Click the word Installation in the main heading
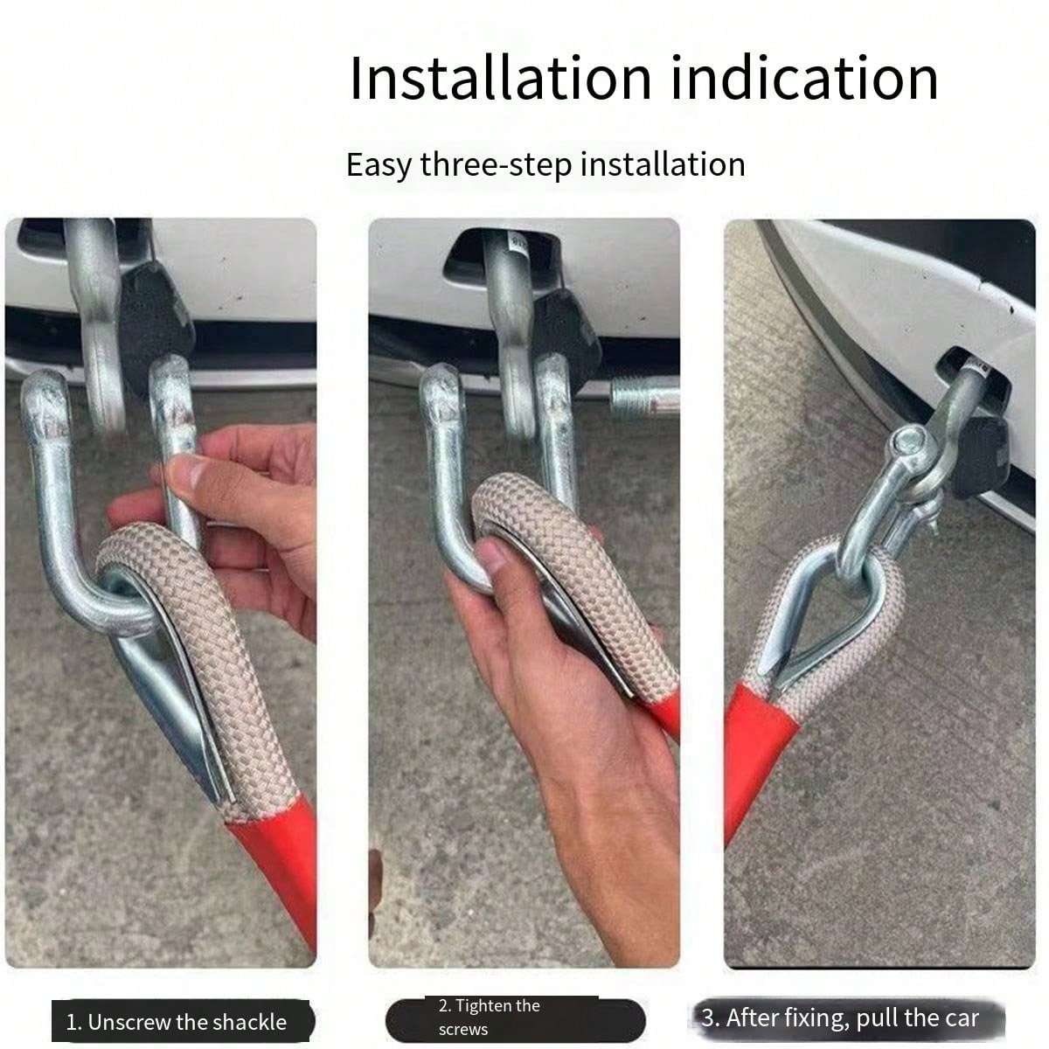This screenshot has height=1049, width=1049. click(x=500, y=78)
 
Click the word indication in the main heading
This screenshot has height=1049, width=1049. click(x=804, y=78)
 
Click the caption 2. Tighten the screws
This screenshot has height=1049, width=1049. click(x=490, y=1018)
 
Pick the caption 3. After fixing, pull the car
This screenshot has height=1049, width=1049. click(x=839, y=1018)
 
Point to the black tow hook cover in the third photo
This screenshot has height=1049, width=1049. click(x=979, y=455)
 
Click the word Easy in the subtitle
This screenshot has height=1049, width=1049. click(x=378, y=164)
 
